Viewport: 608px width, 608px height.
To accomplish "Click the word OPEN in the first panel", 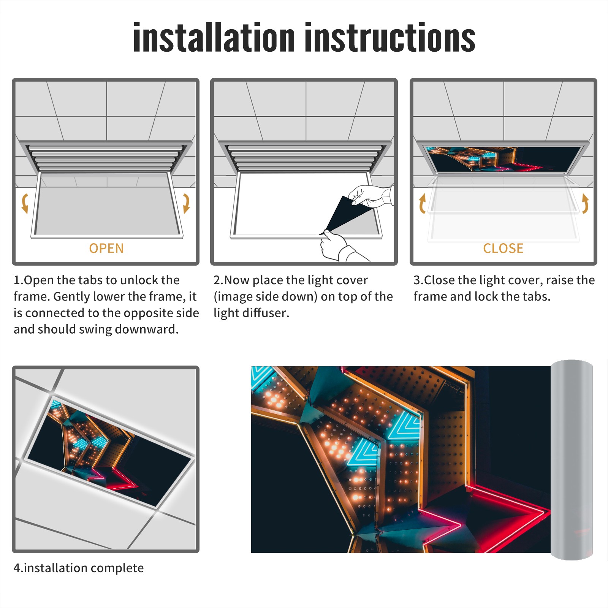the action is [106, 249].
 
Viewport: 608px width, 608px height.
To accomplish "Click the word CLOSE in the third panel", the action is [503, 249].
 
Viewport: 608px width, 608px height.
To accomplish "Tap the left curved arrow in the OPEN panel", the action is [25, 203].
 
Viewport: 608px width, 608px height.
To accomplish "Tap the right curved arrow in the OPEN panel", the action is [186, 203].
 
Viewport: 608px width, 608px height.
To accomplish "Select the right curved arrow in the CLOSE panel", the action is [585, 203].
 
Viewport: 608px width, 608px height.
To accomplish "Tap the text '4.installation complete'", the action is [79, 568].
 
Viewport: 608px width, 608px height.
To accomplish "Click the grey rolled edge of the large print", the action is [572, 460].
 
